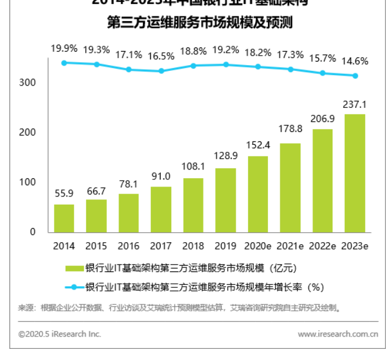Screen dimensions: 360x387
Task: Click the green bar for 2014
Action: tap(64, 218)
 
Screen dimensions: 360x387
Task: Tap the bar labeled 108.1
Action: tap(193, 205)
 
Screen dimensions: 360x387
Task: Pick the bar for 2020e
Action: tap(258, 193)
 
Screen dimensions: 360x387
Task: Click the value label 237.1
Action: tap(355, 105)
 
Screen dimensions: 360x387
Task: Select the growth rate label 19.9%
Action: tap(64, 48)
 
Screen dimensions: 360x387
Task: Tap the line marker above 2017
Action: tap(161, 71)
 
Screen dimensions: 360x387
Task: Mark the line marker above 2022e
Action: tap(322, 73)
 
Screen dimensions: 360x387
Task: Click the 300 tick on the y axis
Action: tap(28, 83)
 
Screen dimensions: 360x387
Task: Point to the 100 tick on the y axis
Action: tap(28, 182)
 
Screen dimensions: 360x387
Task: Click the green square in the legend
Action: tap(74, 269)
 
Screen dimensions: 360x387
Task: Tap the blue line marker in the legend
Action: tap(74, 287)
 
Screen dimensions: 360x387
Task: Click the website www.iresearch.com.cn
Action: tap(338, 334)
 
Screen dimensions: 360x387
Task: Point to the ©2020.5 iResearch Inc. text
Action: tap(60, 334)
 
